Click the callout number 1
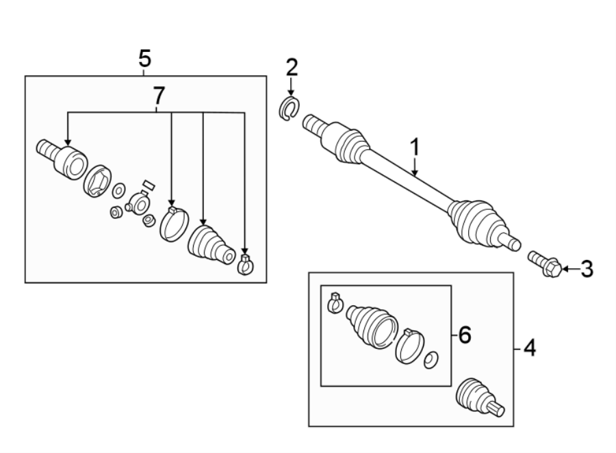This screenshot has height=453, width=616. tap(414, 147)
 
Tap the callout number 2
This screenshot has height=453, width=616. tap(292, 67)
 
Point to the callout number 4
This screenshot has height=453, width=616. tap(529, 349)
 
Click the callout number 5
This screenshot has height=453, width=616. tap(143, 58)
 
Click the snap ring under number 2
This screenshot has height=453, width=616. tap(290, 109)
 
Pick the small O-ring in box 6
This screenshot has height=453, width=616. tap(431, 360)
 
